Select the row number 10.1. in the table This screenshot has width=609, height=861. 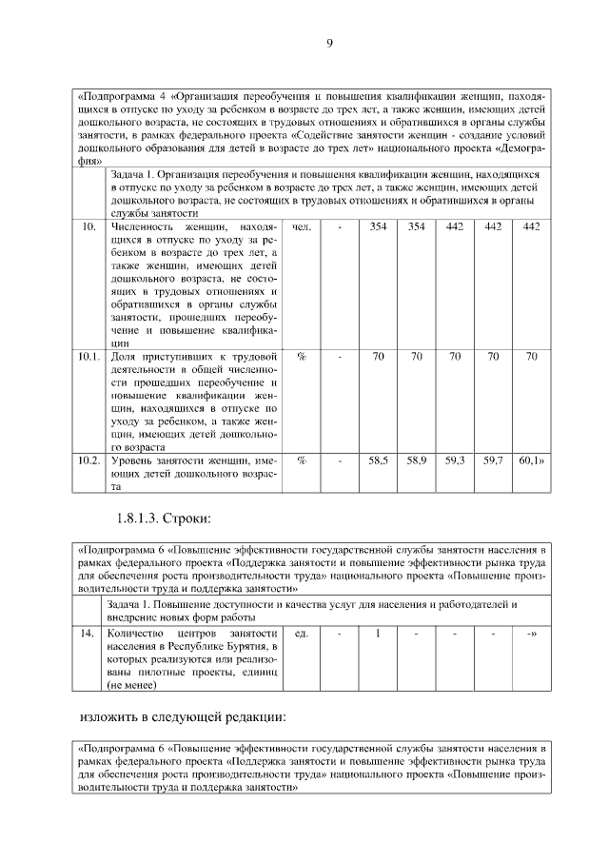(x=88, y=356)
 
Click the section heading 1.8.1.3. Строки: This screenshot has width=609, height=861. (x=163, y=519)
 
